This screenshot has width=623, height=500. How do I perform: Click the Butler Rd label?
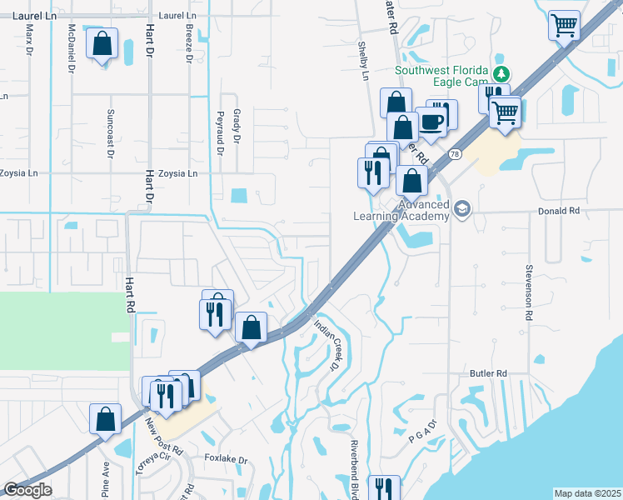[x=488, y=373]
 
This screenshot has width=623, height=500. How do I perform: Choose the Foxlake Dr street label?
[x=227, y=459]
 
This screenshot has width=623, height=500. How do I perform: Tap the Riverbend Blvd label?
[x=354, y=467]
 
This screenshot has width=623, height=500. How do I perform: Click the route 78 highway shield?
[x=454, y=154]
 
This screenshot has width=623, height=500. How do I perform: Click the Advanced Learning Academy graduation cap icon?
[x=463, y=207]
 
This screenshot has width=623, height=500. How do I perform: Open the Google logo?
[x=27, y=489]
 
